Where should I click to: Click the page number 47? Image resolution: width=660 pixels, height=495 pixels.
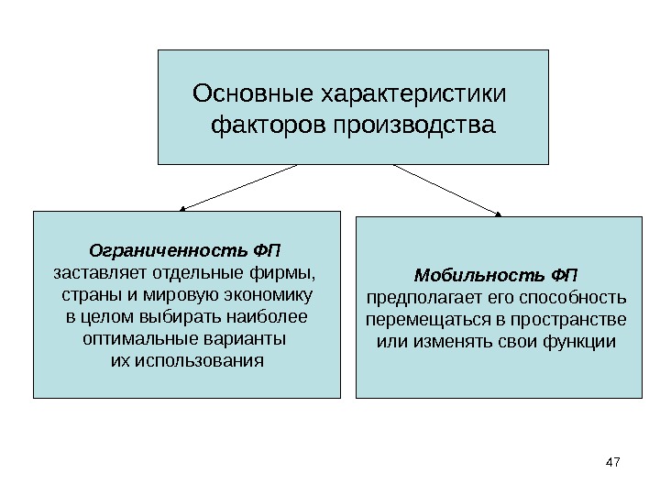coord(613,465)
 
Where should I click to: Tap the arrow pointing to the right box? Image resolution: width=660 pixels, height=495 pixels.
coord(447,190)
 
